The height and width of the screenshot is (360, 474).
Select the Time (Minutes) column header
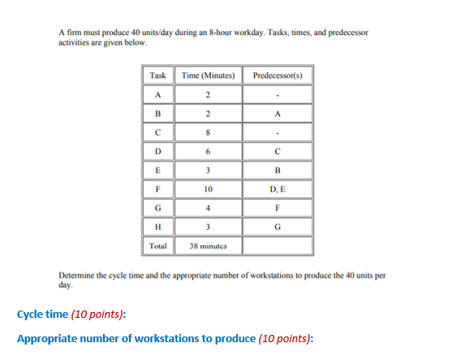pos(209,75)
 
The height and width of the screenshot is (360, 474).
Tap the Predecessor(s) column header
pos(278,75)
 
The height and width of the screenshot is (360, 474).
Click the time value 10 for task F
pos(209,188)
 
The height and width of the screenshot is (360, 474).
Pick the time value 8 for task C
pos(209,132)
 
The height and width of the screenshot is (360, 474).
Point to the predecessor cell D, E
pos(278,188)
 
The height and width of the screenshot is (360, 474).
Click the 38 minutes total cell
pos(209,245)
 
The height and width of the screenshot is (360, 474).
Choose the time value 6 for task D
pos(209,151)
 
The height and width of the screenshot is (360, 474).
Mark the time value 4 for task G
pos(209,207)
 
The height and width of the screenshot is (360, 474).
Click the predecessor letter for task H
pos(278,225)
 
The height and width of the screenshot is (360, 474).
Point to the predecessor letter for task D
pos(278,151)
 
